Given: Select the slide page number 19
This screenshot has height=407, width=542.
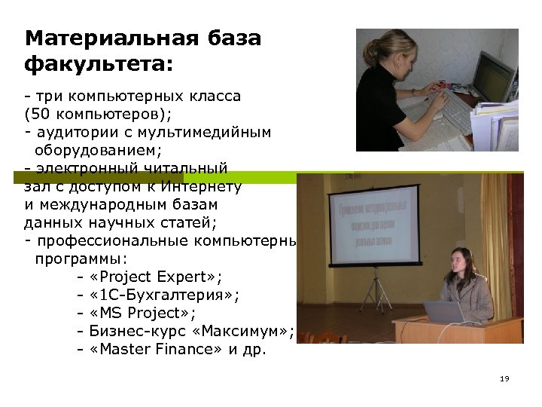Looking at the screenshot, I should [504, 378].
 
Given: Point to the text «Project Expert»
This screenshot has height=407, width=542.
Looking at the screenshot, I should [155, 277].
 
